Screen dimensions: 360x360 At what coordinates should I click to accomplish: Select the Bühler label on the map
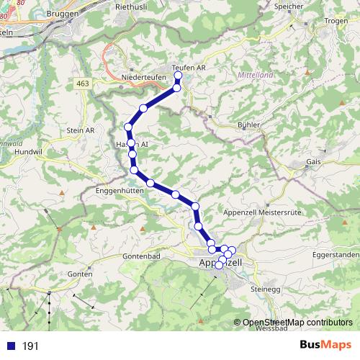tap(247, 125)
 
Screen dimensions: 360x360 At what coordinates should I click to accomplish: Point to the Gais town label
tap(313, 162)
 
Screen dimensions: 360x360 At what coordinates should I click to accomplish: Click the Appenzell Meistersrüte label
tap(261, 213)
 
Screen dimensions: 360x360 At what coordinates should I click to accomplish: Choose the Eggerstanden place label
tap(336, 255)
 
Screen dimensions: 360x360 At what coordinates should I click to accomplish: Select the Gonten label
tap(80, 274)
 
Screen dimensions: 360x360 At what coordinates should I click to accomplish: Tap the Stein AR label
tap(80, 130)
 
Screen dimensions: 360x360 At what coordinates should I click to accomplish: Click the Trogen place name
tap(336, 20)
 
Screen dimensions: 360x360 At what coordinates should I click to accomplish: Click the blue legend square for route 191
tap(11, 346)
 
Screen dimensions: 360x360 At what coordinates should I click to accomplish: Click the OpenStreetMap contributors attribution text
tap(297, 323)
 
